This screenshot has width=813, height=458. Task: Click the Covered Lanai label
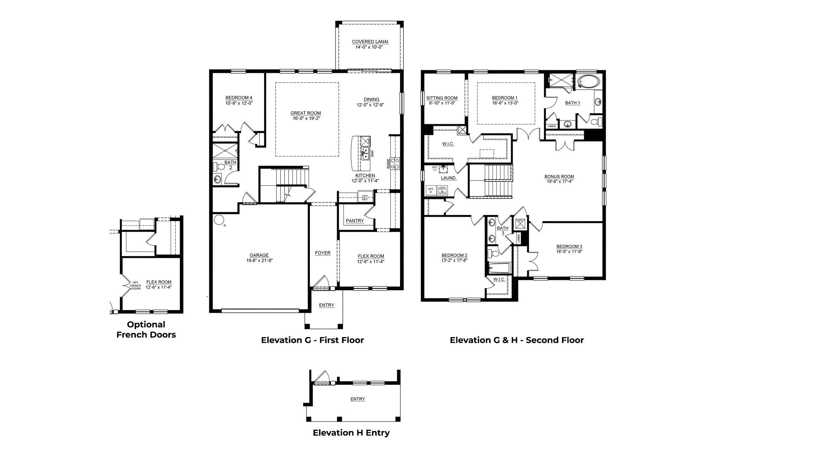tap(370, 42)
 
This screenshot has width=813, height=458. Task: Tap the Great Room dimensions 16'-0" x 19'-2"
tap(306, 118)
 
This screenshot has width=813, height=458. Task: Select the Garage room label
tap(259, 255)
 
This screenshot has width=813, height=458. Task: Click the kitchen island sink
tap(366, 154)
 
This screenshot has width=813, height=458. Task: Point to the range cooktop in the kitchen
tap(395, 163)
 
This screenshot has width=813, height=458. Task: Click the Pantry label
tap(355, 221)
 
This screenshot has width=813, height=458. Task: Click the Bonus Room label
tap(559, 176)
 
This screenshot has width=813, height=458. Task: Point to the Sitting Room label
tap(442, 98)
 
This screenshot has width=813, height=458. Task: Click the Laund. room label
tap(449, 178)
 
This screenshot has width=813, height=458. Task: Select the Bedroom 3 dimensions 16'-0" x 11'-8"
tap(569, 251)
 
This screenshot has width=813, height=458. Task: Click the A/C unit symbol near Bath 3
tap(520, 223)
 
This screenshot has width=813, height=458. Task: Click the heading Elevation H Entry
tap(351, 433)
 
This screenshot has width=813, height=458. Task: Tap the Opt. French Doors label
tap(135, 285)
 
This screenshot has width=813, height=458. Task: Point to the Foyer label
tap(322, 253)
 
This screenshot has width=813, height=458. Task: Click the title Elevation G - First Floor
tap(312, 340)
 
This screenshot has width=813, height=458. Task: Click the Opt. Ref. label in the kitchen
tap(365, 198)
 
